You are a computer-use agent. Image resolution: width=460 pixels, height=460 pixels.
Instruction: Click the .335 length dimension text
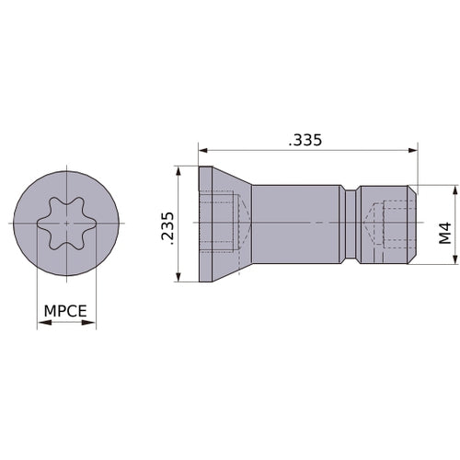coord(305,140)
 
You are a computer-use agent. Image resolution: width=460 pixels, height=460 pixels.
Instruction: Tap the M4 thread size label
coord(445,233)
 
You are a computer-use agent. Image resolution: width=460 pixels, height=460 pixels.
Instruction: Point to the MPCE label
coord(65,311)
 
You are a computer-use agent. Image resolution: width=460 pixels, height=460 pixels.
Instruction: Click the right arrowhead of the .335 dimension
coord(412,150)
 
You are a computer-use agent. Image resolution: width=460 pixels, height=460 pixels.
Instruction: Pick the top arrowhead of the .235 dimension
coord(178,172)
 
